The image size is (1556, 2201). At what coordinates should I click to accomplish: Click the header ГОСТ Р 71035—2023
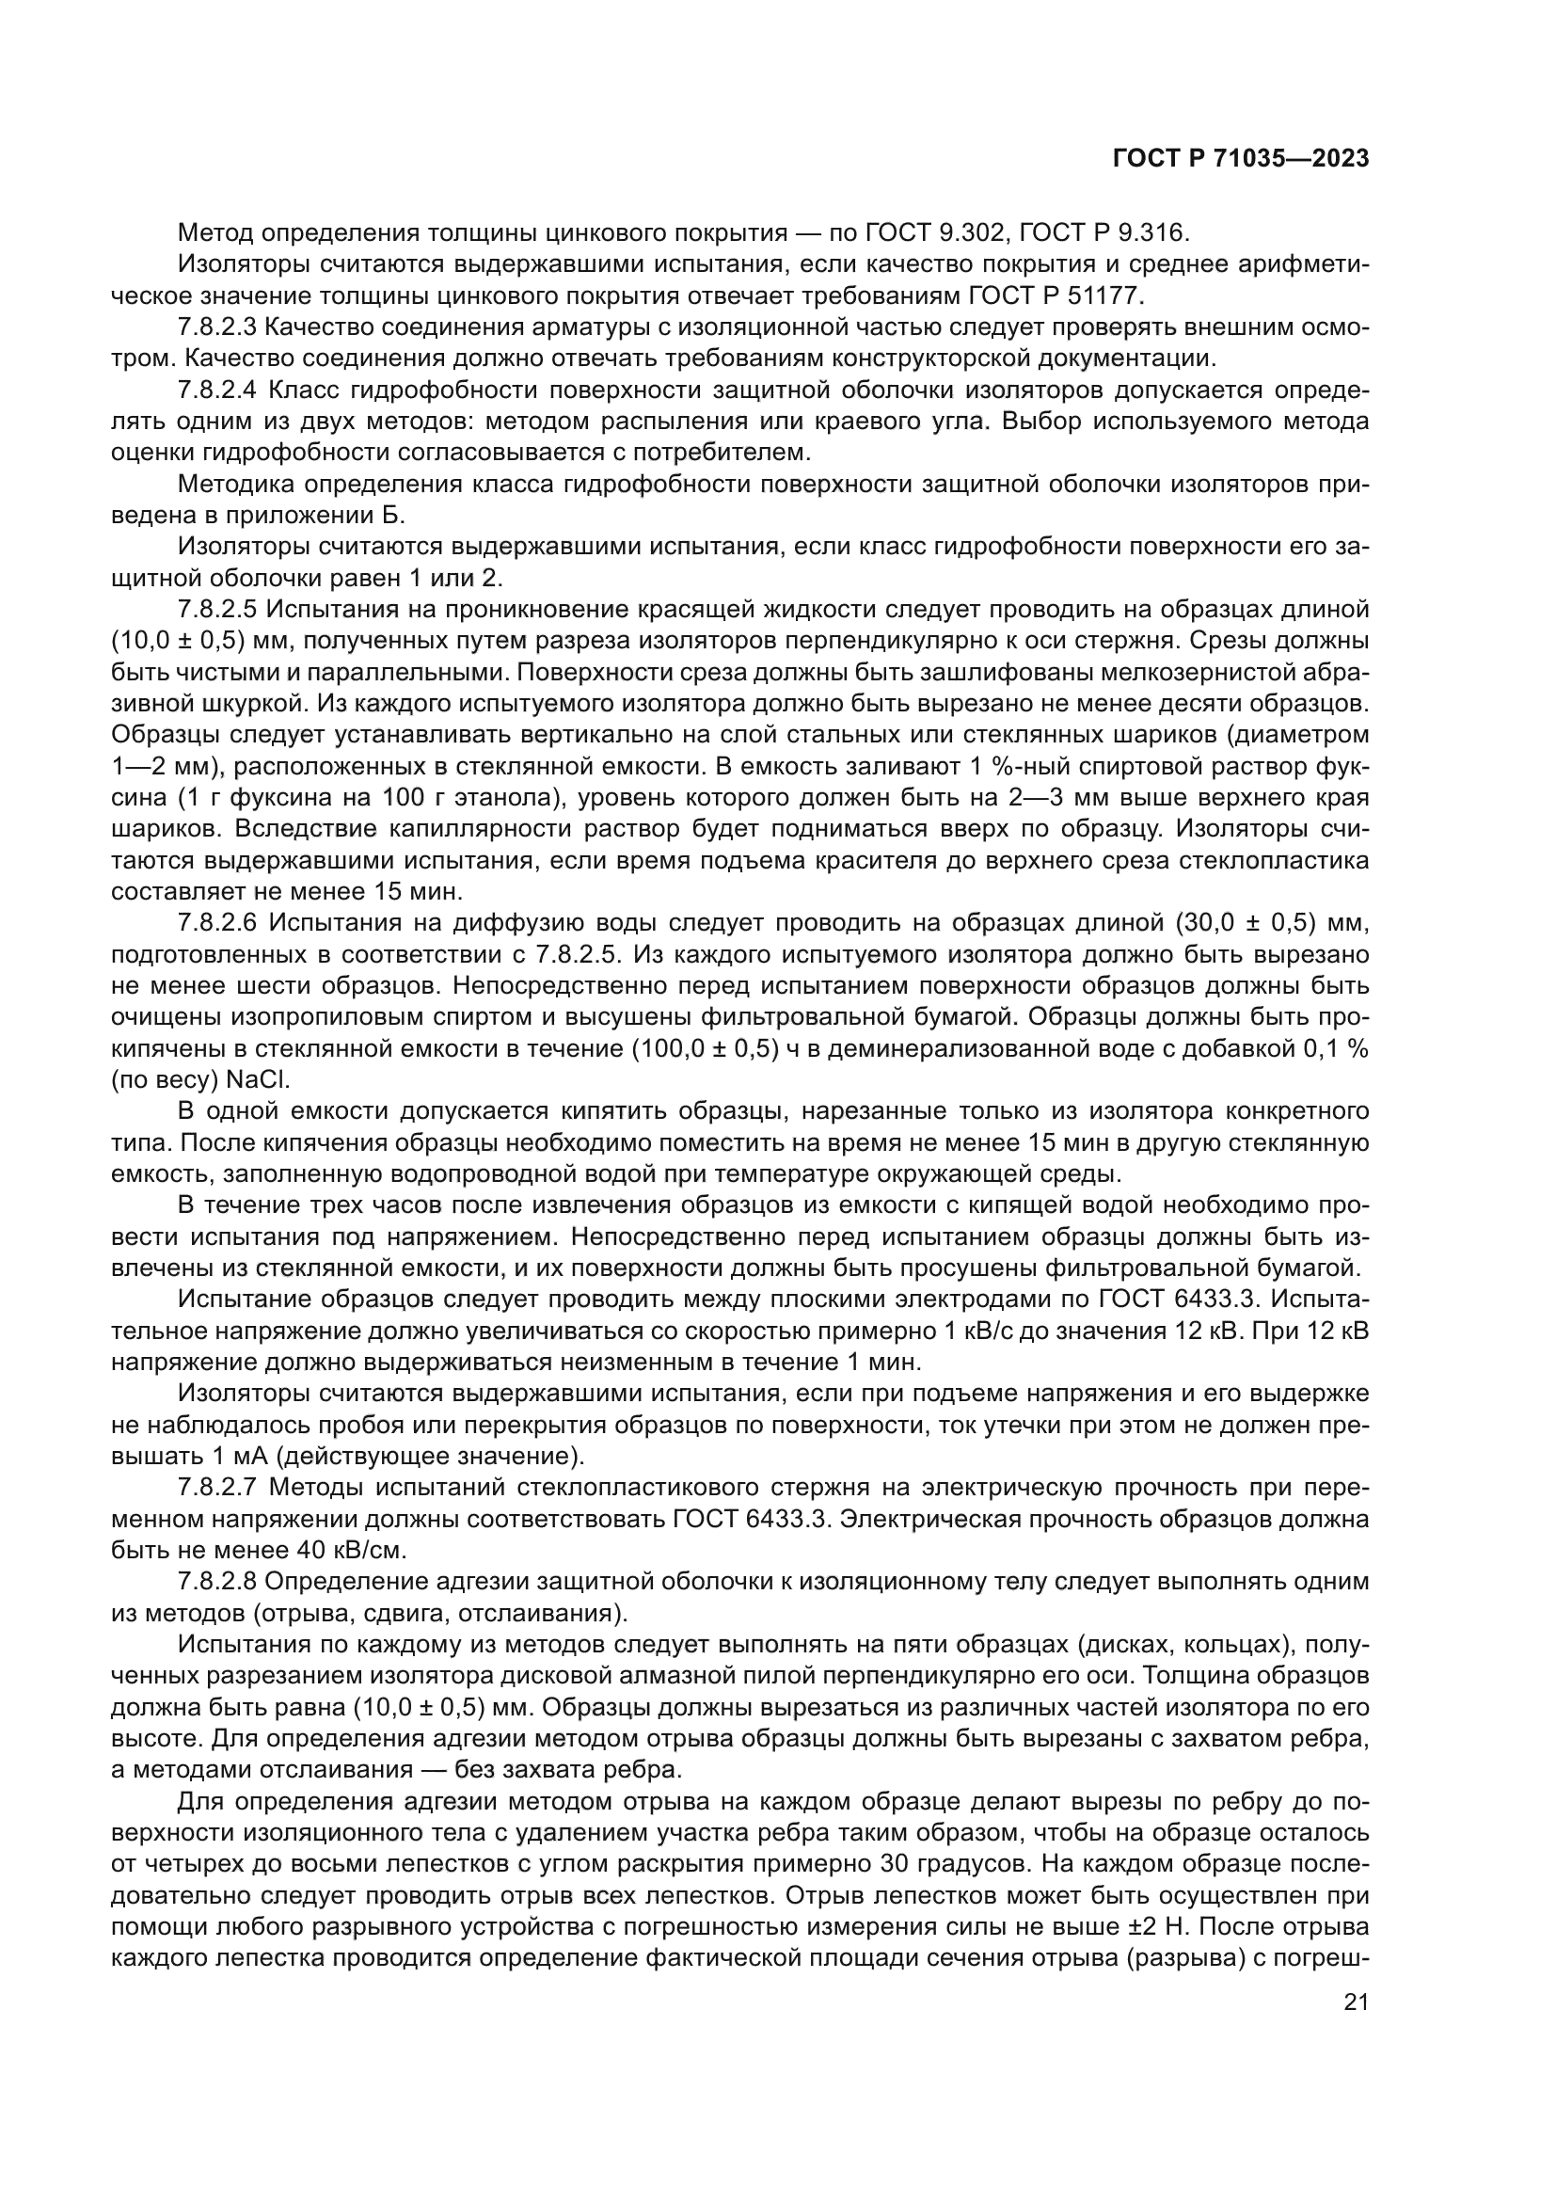click(1240, 158)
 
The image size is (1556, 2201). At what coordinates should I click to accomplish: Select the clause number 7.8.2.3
click(216, 327)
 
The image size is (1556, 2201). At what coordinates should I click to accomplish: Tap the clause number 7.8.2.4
click(216, 391)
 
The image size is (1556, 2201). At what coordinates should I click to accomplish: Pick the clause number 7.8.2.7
click(216, 1487)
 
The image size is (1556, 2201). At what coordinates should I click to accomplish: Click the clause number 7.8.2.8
click(216, 1581)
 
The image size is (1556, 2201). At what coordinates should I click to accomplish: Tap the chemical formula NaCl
click(257, 1079)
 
